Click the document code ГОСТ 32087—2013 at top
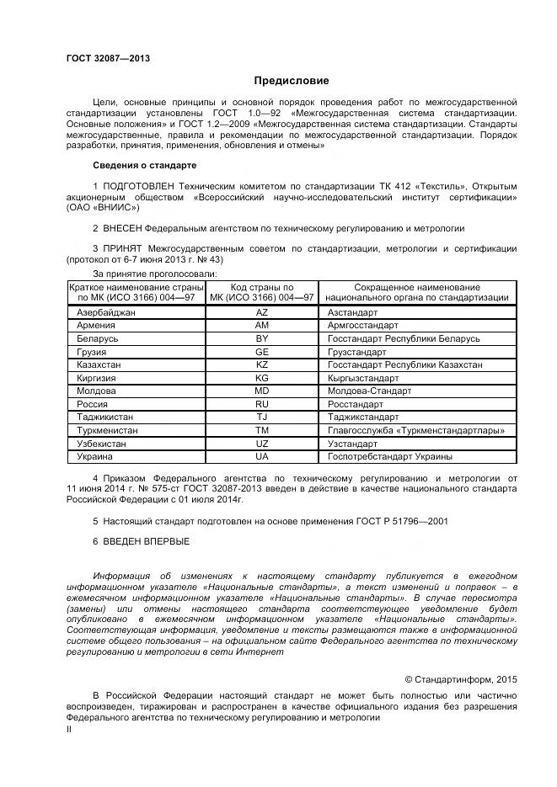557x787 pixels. [x=108, y=58]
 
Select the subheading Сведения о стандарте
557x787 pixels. [x=144, y=165]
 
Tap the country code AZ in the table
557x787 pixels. [x=261, y=311]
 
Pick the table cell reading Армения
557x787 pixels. [x=96, y=325]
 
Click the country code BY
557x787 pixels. [x=261, y=338]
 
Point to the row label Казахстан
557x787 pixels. [x=99, y=364]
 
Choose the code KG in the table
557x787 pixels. [x=261, y=378]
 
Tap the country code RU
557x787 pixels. [x=261, y=404]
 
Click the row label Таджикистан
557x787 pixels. [x=104, y=417]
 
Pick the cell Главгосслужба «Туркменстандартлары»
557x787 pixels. [x=415, y=430]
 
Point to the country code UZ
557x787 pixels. [x=261, y=444]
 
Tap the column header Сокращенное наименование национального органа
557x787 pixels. [x=416, y=292]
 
